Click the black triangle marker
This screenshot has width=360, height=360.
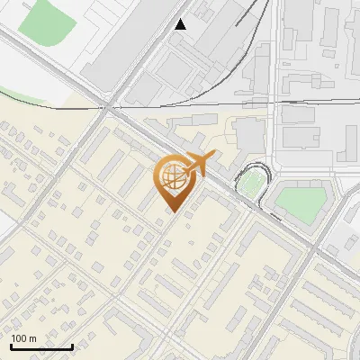click(181, 24)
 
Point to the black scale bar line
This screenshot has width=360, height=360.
click(42, 346)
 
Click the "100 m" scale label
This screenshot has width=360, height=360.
click(24, 338)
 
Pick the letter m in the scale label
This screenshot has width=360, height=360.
click(32, 338)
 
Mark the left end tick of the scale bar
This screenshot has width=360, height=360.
click(13, 345)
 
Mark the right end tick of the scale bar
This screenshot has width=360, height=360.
click(72, 345)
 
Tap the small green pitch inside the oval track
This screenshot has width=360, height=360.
click(248, 184)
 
